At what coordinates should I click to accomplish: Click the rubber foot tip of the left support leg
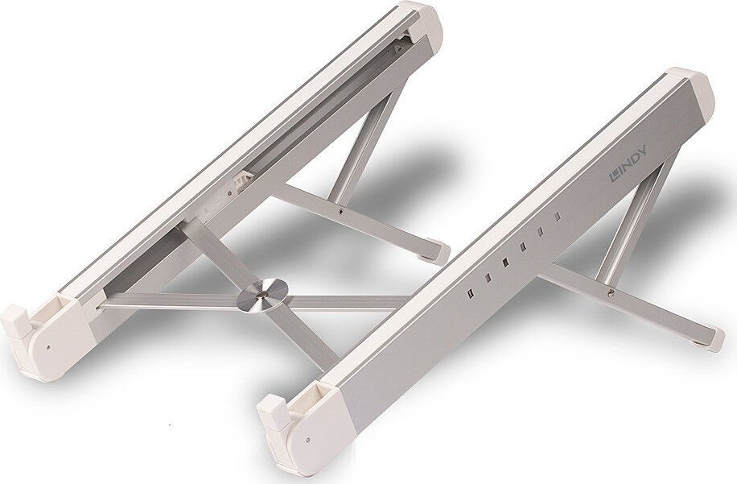tap(440, 253)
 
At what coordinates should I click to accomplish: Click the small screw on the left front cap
tap(49, 348)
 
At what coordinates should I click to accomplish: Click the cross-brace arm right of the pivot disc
tap(346, 302)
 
